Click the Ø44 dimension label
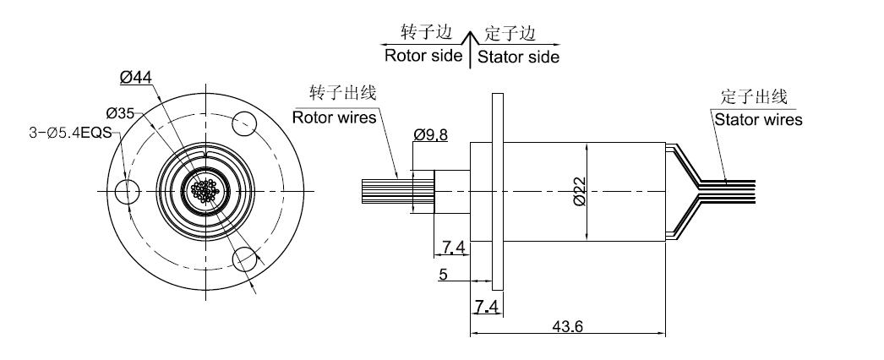click(136, 77)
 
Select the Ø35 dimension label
click(121, 112)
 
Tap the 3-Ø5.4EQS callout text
click(65, 132)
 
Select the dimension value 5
click(442, 275)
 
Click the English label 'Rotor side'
click(423, 57)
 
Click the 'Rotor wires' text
click(334, 117)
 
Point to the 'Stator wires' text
click(758, 119)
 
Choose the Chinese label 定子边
click(510, 33)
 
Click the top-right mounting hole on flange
click(244, 121)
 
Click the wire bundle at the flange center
click(205, 189)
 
